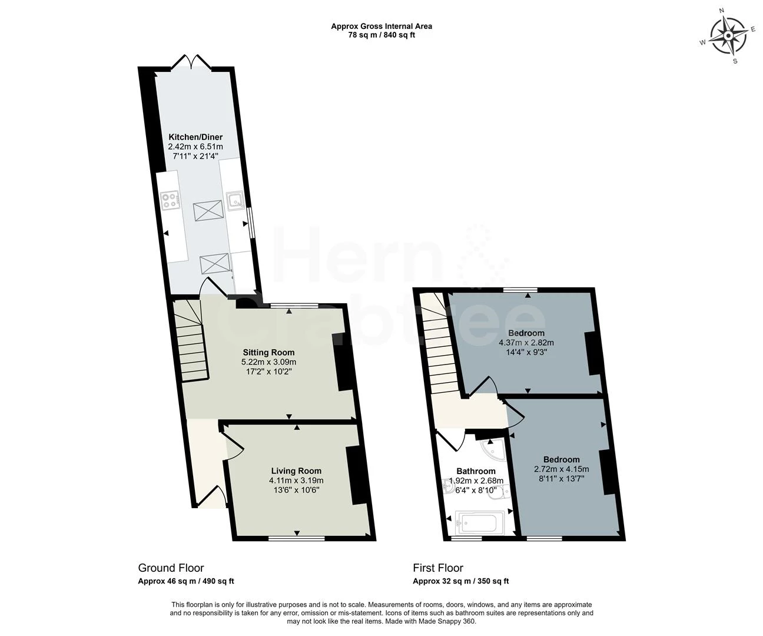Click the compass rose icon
click(x=728, y=35)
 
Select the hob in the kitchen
click(x=171, y=200)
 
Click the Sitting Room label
click(x=268, y=352)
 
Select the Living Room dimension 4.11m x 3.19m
click(x=296, y=481)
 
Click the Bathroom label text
click(x=476, y=471)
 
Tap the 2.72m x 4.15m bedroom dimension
click(x=561, y=469)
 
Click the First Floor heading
click(x=437, y=568)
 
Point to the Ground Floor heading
click(x=171, y=568)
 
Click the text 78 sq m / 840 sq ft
click(x=381, y=35)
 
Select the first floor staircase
click(x=440, y=353)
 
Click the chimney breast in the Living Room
click(x=357, y=475)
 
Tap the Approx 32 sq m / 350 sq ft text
click(x=460, y=581)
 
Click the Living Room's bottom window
click(x=297, y=538)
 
